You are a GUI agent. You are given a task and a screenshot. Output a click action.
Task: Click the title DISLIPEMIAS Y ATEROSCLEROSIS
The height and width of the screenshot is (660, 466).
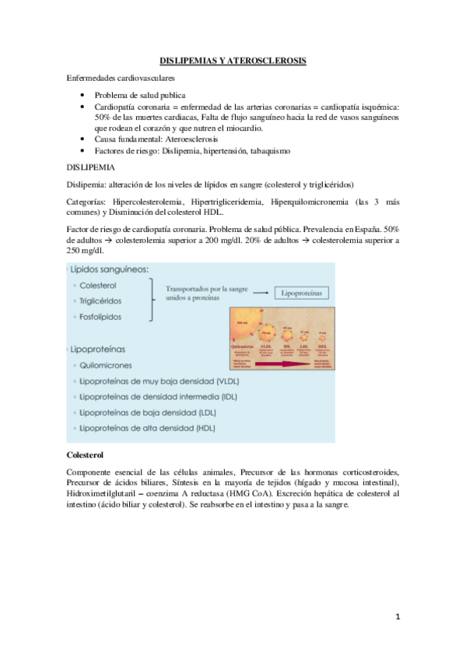click(x=233, y=60)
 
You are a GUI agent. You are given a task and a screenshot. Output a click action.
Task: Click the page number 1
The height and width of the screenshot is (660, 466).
click(x=397, y=617)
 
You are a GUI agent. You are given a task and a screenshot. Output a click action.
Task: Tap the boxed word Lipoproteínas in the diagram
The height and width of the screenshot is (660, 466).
click(x=301, y=293)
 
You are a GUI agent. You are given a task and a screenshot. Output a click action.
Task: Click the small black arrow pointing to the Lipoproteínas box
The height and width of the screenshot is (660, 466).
click(x=261, y=293)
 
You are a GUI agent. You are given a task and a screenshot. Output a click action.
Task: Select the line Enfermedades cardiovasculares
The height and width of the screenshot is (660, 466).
click(x=120, y=78)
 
